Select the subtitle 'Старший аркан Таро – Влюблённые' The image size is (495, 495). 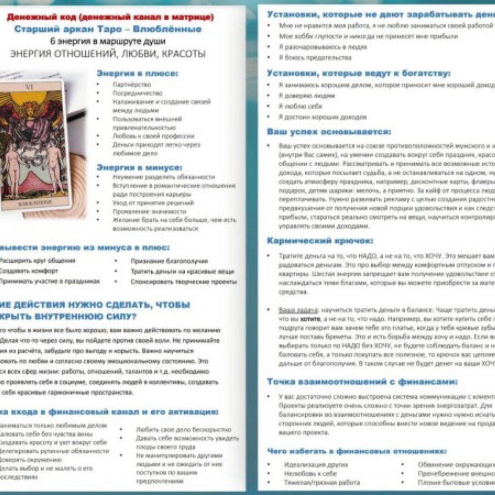click(x=108, y=29)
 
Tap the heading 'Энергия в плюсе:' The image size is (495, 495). click(x=137, y=73)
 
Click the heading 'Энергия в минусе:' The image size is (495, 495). click(x=139, y=167)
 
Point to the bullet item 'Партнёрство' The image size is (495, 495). click(x=132, y=84)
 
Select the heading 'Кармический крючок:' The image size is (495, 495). click(x=320, y=241)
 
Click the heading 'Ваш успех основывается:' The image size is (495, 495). click(x=329, y=132)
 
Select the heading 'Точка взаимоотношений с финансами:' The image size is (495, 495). click(x=362, y=382)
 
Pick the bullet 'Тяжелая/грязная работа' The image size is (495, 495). click(x=322, y=482)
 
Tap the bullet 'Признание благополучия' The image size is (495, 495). click(x=169, y=261)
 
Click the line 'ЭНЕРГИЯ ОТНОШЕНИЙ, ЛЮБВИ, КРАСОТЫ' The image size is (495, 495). click(x=108, y=54)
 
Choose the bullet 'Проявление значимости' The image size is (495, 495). click(x=149, y=211)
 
